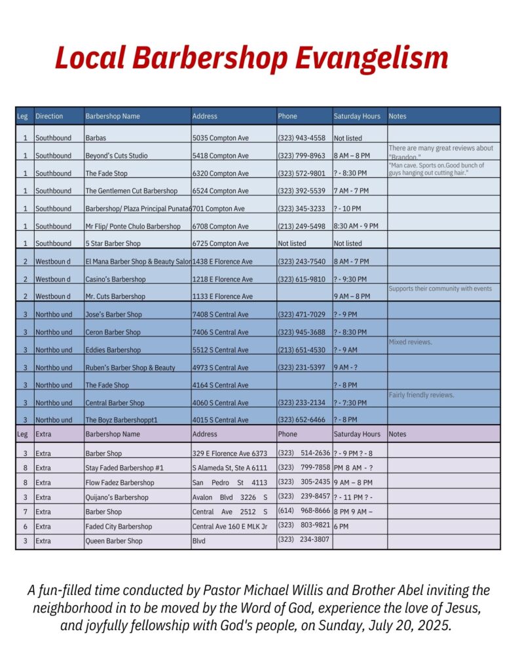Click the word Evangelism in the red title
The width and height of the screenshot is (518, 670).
[371, 58]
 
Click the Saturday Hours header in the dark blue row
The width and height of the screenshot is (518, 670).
[357, 116]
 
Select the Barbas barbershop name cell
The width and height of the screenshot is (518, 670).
[96, 139]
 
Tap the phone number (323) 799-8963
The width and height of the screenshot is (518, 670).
[301, 156]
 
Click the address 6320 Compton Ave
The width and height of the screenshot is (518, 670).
[220, 174]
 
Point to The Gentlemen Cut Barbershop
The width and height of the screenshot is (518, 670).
[131, 192]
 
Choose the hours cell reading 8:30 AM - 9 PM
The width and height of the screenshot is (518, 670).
[356, 226]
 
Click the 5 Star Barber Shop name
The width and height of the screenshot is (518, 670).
[113, 244]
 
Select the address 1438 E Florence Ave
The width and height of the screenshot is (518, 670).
[223, 262]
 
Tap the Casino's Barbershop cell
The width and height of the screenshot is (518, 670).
[115, 279]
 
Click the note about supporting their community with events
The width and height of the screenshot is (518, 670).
[439, 289]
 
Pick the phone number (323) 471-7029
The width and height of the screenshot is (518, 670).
[301, 315]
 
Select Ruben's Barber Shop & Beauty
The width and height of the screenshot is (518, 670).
[130, 368]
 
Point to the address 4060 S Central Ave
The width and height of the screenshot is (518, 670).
[220, 403]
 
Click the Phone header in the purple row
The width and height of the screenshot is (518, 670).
[287, 434]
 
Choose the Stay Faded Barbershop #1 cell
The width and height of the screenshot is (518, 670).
[124, 468]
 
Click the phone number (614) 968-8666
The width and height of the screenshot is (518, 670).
[304, 512]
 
